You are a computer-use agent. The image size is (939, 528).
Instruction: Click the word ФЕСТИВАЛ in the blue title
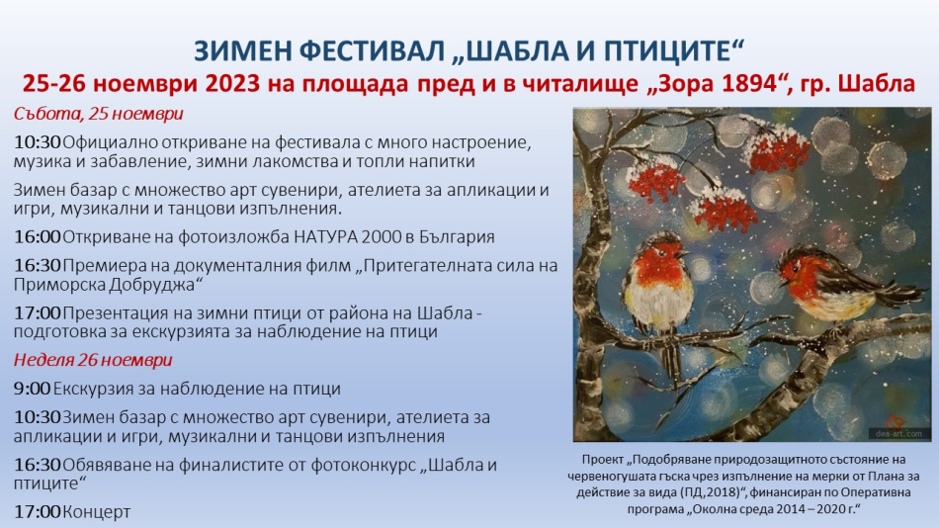[x=373, y=51]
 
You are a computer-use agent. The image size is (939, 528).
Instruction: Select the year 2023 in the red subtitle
[x=232, y=83]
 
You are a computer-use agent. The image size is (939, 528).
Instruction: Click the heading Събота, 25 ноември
[x=98, y=114]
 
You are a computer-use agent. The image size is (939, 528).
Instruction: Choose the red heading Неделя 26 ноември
[x=93, y=360]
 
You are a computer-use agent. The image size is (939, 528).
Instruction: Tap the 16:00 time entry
[x=38, y=236]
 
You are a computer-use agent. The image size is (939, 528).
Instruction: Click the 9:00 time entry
[x=32, y=389]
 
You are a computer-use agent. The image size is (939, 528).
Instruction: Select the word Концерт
[x=97, y=512]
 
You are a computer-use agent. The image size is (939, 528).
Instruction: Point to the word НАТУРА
[x=321, y=236]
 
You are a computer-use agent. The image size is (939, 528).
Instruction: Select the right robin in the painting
[x=838, y=283]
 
